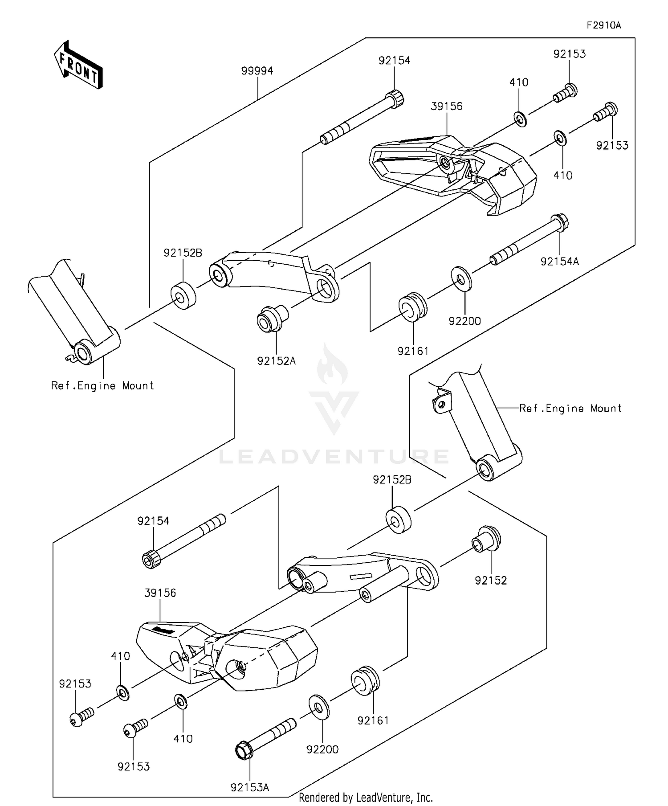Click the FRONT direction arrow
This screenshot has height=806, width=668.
point(78,65)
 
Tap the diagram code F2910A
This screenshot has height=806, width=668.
point(603,25)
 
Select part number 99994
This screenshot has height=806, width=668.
point(257,71)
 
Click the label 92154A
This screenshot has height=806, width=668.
point(560,262)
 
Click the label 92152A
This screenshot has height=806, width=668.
point(276,361)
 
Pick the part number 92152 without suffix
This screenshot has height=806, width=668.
point(491,581)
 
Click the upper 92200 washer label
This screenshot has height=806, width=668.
point(464,321)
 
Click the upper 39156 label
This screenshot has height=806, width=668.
point(446,106)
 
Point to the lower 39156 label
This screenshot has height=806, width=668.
point(160,593)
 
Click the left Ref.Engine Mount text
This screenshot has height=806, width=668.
point(102,386)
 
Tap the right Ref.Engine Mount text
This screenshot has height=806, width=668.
point(570,409)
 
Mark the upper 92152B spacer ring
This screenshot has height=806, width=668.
point(183,295)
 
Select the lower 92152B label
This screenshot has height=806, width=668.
point(392,480)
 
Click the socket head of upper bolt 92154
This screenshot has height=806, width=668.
point(395,98)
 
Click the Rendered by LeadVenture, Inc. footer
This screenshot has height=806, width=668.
point(365,797)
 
